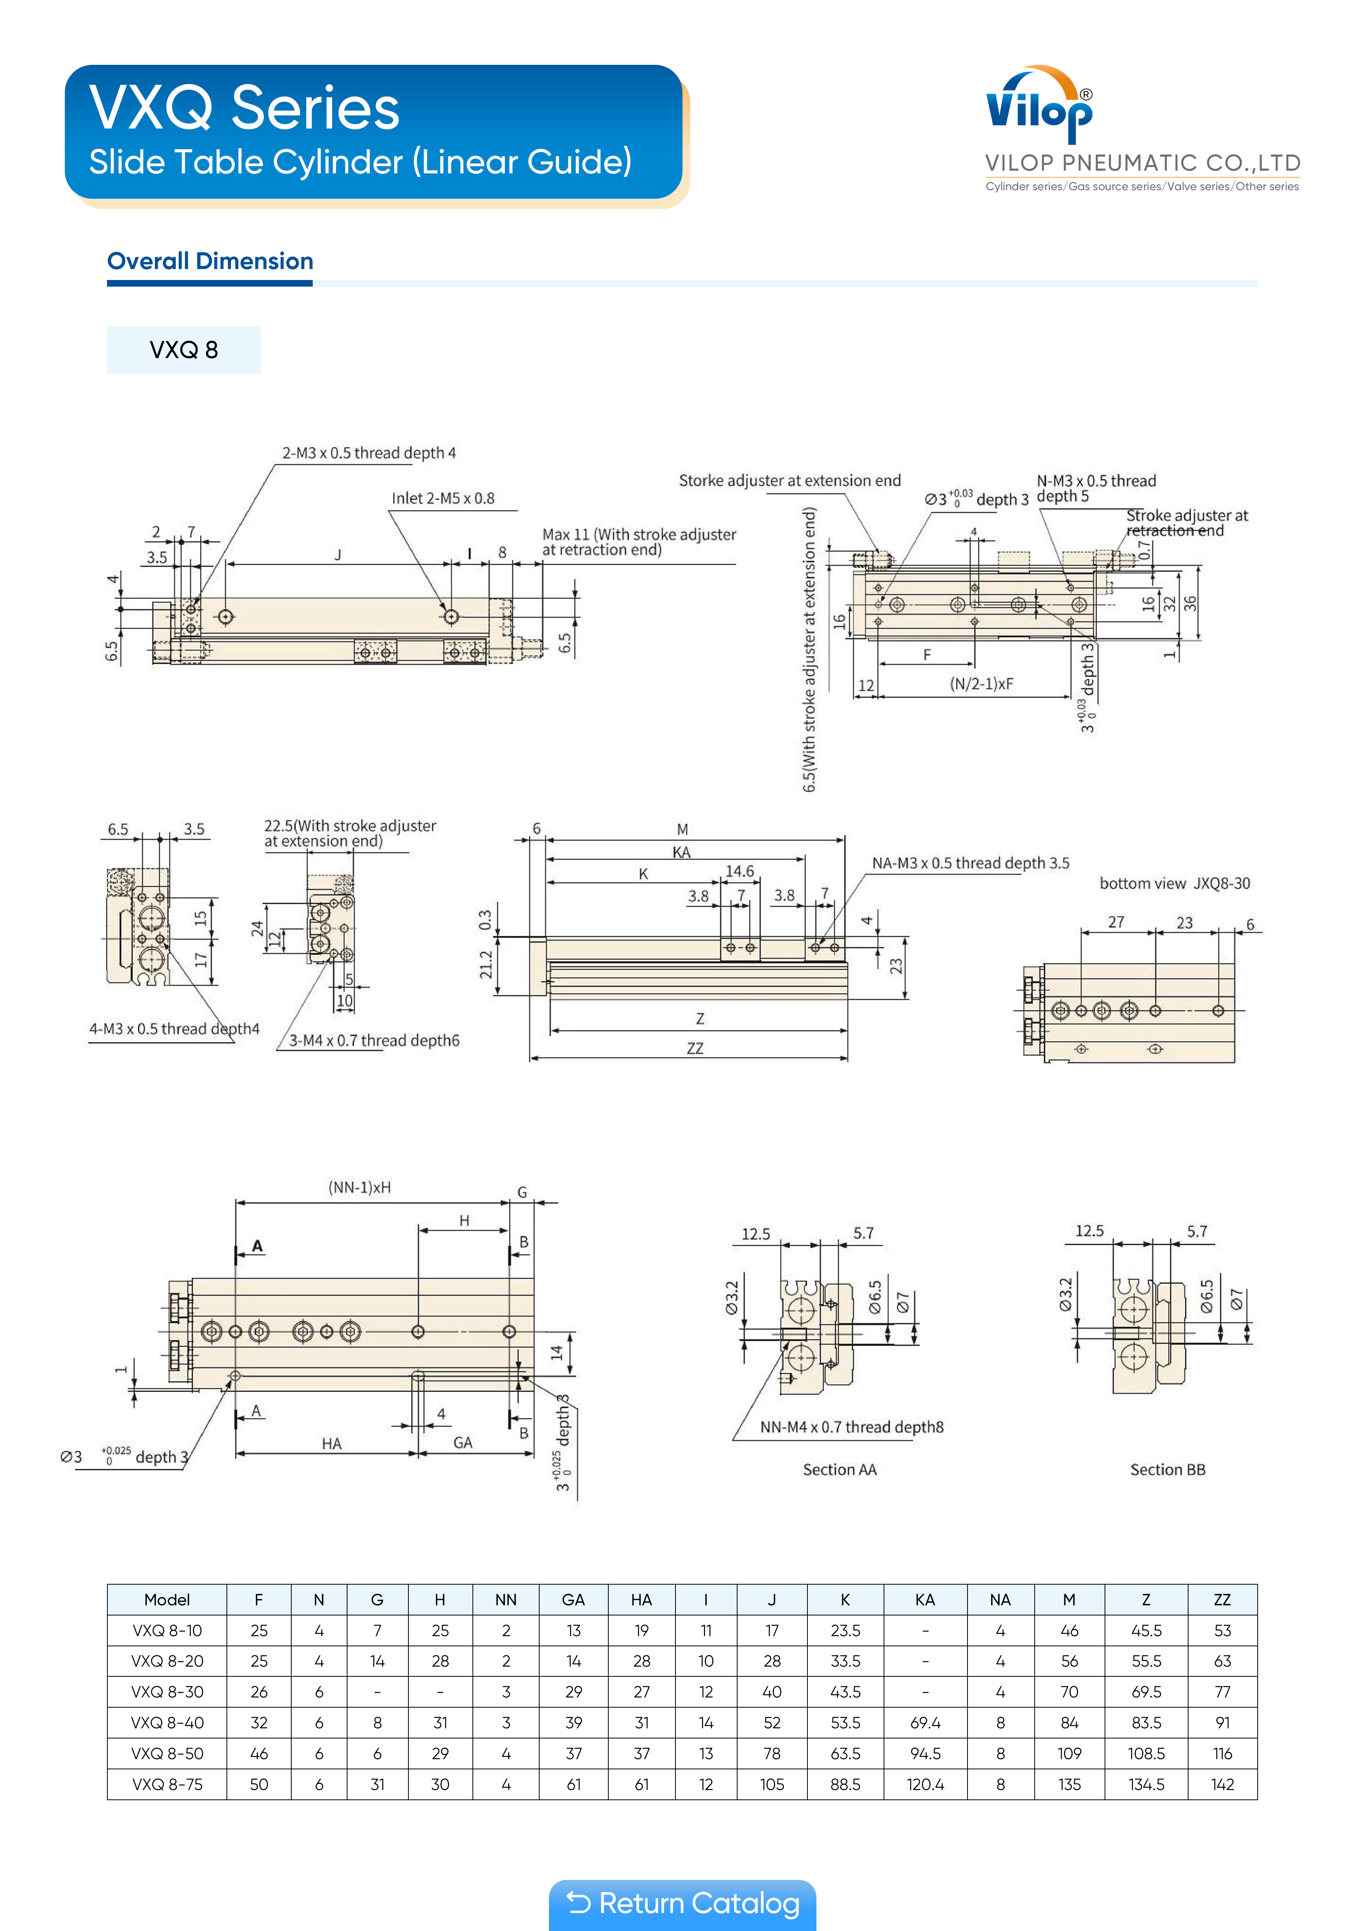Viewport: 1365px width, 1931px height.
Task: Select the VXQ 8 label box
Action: click(184, 350)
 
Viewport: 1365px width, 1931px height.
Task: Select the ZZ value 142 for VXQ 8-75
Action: click(1222, 1784)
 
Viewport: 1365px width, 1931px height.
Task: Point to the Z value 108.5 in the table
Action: click(1146, 1754)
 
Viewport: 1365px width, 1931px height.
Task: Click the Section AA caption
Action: click(839, 1469)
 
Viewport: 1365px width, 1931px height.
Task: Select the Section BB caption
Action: click(1167, 1469)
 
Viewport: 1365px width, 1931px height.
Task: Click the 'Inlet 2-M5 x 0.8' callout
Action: click(443, 498)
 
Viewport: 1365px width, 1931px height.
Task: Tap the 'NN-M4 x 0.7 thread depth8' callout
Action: click(851, 1427)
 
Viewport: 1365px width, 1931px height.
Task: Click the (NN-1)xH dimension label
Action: click(359, 1187)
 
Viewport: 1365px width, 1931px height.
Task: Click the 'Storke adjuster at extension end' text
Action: click(789, 480)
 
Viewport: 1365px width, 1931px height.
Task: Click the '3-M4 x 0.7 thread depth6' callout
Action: click(374, 1040)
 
